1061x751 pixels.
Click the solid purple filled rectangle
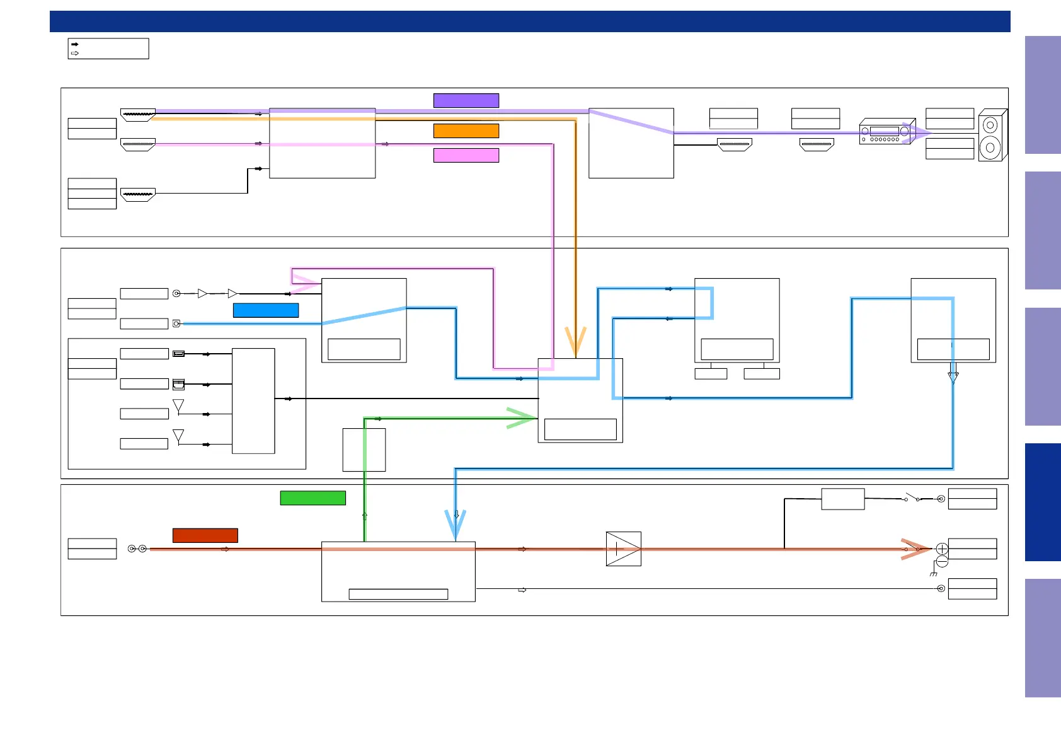[466, 100]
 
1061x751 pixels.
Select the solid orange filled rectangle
[466, 131]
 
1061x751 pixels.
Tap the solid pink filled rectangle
[466, 155]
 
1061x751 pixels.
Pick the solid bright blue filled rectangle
[266, 310]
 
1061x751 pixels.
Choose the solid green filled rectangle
[313, 498]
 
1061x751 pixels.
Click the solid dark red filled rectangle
[205, 535]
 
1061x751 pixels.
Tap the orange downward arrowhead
[575, 341]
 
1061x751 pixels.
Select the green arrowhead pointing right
[522, 418]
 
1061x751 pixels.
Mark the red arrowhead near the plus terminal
[916, 549]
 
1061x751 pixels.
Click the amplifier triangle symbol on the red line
[624, 549]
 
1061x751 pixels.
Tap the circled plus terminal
[942, 549]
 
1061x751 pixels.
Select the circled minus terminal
[942, 561]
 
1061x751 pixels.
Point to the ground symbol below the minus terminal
[933, 574]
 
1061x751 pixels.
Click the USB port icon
[179, 354]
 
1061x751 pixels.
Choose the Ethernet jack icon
[179, 384]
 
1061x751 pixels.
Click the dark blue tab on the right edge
[1043, 502]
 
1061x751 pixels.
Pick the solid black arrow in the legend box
[75, 44]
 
